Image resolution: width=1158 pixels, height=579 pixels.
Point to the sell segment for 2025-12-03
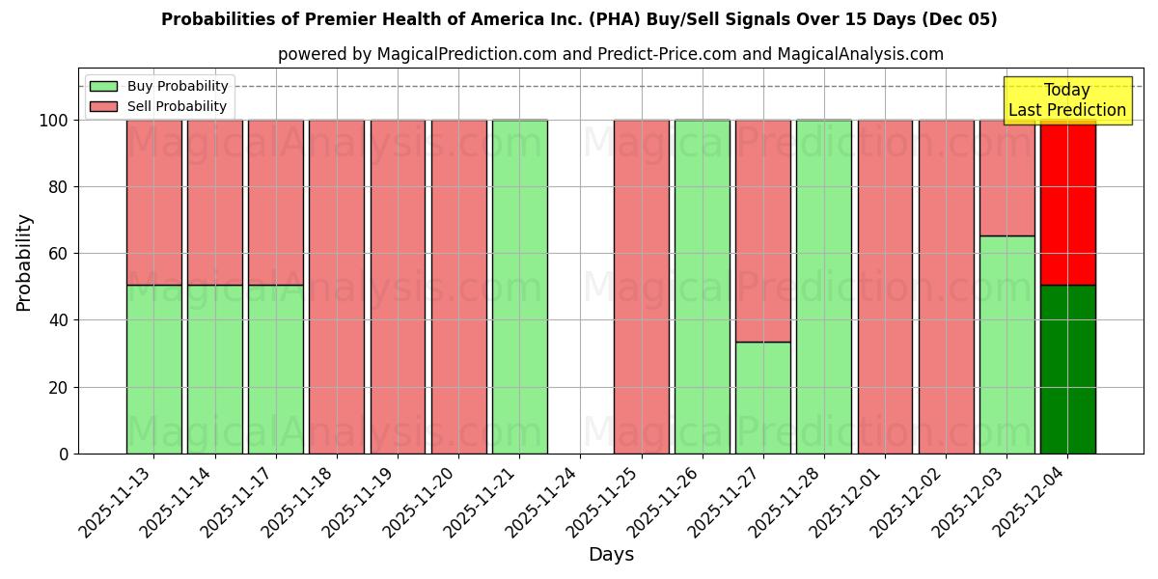[1006, 179]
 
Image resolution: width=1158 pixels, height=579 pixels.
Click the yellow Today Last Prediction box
[1066, 100]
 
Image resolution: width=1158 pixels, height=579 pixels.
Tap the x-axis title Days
[611, 555]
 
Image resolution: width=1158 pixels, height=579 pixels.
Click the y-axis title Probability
[24, 262]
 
